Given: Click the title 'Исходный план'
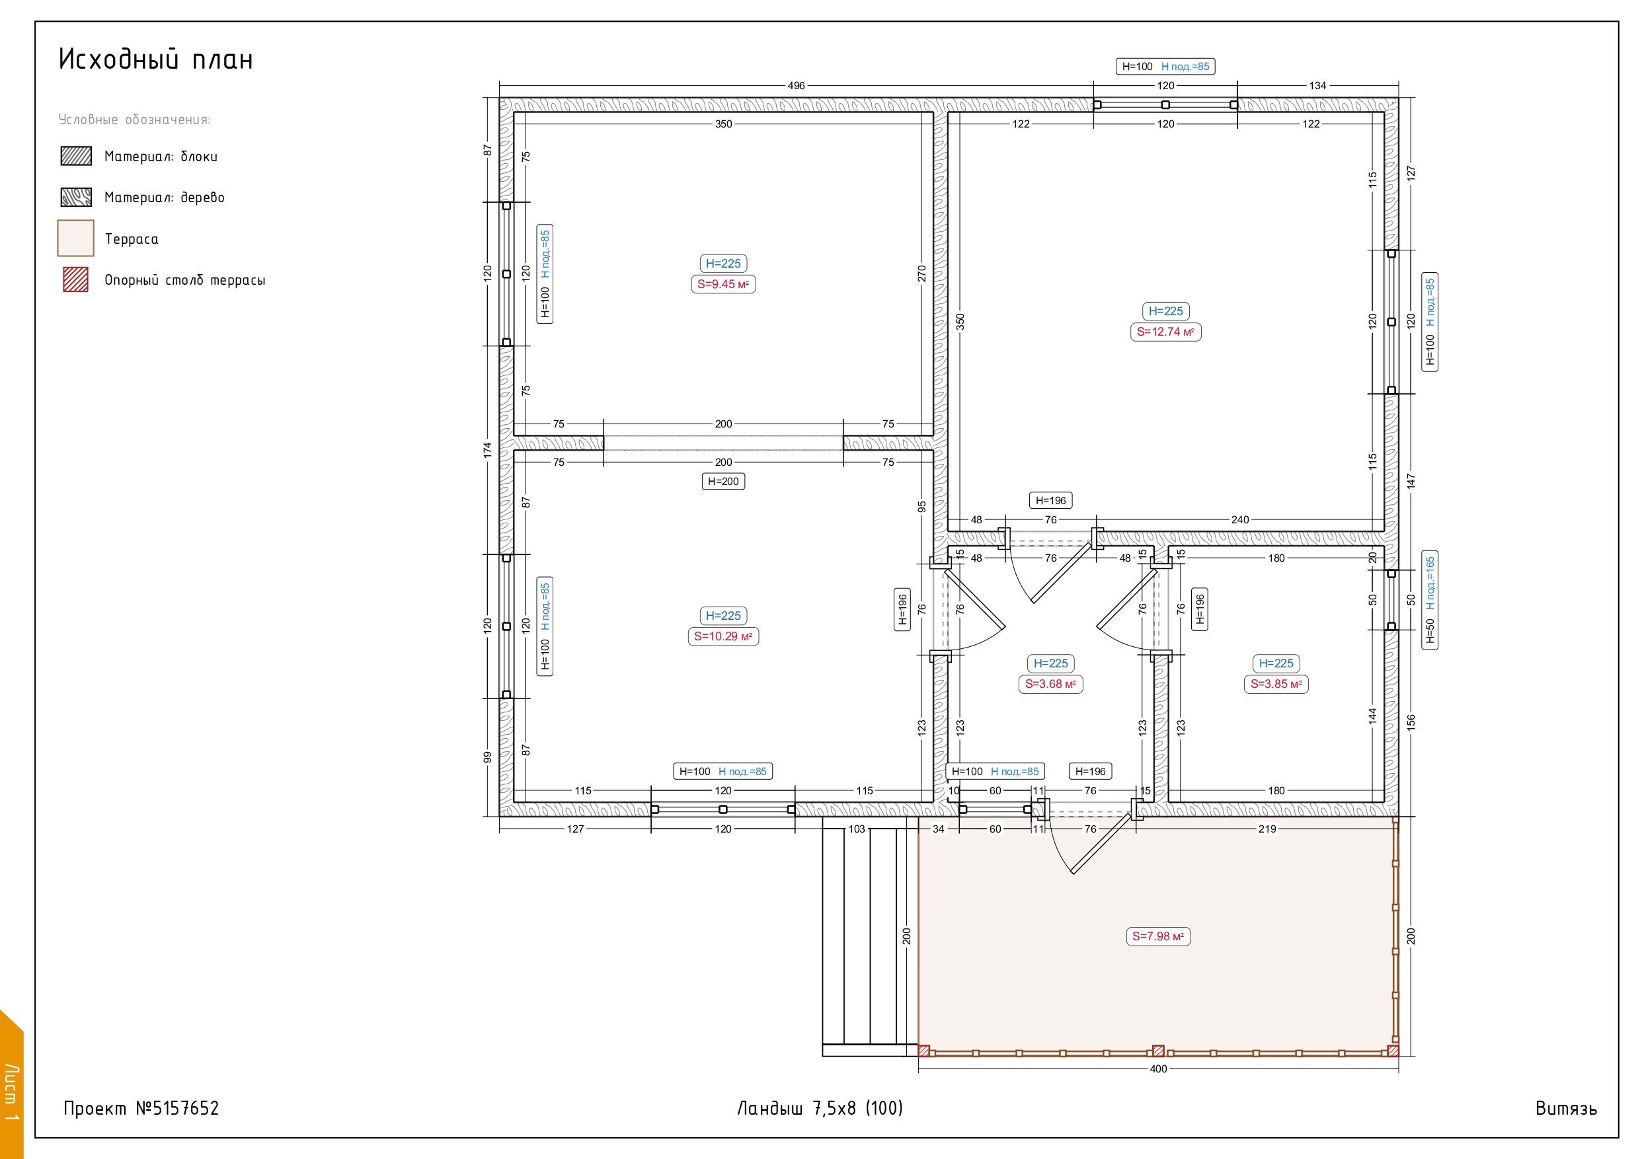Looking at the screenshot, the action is (156, 59).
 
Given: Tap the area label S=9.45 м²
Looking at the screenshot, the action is (723, 284).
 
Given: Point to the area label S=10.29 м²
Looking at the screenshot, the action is (723, 636).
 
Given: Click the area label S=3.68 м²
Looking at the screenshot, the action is (1050, 684).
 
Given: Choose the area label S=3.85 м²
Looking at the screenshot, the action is (1276, 684).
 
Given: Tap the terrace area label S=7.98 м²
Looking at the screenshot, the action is (1158, 936).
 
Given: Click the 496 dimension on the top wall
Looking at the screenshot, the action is (796, 86).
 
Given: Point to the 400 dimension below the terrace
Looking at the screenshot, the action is (1158, 1069).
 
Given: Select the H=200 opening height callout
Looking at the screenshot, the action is (723, 481).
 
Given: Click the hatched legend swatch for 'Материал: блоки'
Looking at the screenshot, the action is (76, 156).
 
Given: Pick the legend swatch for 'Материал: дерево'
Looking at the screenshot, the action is (76, 197).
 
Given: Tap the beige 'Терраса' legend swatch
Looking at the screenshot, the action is (76, 238).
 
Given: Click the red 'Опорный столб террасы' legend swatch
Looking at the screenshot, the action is (76, 280).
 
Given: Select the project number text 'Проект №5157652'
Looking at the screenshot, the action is (141, 1108).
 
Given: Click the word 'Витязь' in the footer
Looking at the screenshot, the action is (1566, 1108).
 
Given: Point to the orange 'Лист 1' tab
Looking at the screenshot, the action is (11, 1086).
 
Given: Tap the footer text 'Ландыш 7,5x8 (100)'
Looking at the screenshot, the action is (820, 1108).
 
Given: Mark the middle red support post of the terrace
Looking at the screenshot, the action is (1159, 1051).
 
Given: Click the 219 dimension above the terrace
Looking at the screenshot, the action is (1267, 829).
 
